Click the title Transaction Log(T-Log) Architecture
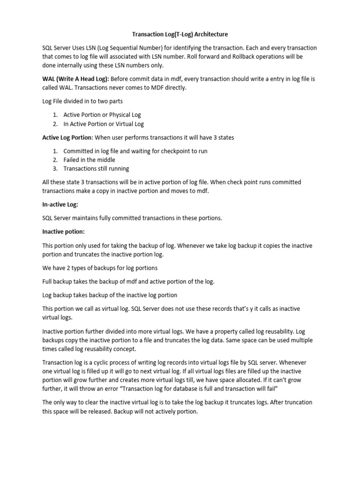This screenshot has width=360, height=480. [x=180, y=34]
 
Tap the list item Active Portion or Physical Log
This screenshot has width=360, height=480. [x=102, y=114]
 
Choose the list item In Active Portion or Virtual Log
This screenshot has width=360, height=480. [x=104, y=124]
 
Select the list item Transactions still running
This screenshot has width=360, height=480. [x=96, y=169]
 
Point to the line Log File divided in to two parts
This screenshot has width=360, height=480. [x=86, y=100]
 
